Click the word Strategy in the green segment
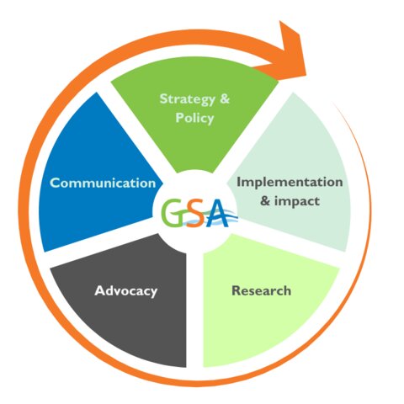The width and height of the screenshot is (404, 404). coord(188,99)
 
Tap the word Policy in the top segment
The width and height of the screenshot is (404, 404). coord(194,118)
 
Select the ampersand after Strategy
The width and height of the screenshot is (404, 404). coord(225,98)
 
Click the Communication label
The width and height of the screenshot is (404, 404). coord(103,183)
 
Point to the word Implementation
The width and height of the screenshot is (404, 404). coord(290,183)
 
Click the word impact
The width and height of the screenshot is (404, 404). coord(297,201)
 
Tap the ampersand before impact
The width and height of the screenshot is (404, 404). coord(265,201)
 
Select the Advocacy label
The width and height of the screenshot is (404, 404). coord(126,291)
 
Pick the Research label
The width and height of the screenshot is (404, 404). coord(261,290)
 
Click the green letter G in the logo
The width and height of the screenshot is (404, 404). coord(173,212)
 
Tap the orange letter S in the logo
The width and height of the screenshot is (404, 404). coord(195,215)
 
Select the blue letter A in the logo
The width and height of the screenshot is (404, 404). coord(216,212)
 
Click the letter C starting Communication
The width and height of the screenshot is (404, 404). coord(54,183)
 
